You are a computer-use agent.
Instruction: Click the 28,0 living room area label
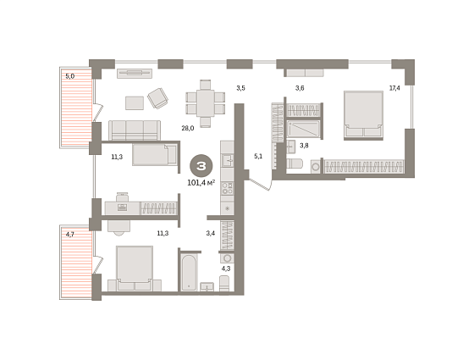click(188, 128)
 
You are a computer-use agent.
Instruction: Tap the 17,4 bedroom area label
click(394, 88)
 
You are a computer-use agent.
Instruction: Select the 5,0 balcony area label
click(69, 76)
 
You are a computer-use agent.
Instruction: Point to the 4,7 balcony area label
click(69, 235)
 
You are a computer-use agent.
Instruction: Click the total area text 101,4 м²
click(201, 182)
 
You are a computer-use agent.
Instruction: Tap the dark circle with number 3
click(201, 166)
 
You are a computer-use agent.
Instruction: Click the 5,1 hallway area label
click(258, 157)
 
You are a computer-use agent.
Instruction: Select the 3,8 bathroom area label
click(304, 146)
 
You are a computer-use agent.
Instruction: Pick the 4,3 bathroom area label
click(226, 269)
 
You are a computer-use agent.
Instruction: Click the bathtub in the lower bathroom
click(189, 273)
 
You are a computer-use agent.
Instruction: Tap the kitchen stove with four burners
click(227, 188)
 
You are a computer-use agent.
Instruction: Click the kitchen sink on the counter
click(227, 160)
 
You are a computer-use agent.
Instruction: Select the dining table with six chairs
click(205, 103)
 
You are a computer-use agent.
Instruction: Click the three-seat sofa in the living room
click(135, 130)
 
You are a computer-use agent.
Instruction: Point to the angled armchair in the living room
click(157, 98)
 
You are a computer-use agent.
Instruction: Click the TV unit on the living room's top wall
click(135, 73)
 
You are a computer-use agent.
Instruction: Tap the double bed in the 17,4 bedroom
click(363, 115)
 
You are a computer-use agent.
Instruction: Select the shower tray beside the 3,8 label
click(303, 129)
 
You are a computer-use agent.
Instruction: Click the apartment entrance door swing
click(260, 184)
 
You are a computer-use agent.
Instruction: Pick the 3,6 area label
click(300, 88)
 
